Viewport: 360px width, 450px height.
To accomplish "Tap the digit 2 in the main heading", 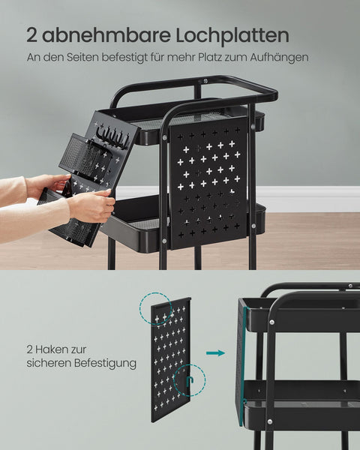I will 32,34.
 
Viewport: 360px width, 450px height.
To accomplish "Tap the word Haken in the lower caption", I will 61,349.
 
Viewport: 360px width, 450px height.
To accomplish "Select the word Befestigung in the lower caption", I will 103,363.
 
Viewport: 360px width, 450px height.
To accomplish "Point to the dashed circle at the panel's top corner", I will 156,309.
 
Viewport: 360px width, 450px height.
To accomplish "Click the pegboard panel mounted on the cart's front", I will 208,180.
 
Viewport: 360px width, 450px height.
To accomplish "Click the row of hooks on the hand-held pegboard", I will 115,136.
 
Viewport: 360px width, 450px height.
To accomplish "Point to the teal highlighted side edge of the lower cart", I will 240,360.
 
